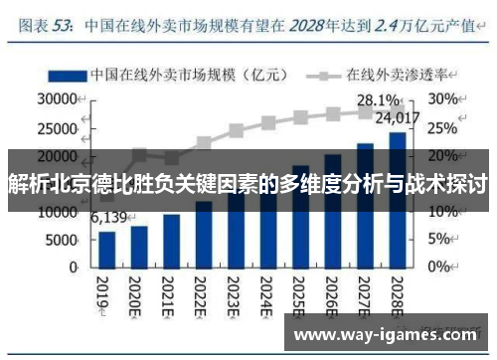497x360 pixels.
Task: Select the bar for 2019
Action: (x=107, y=249)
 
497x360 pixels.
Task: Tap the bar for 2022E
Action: (x=204, y=234)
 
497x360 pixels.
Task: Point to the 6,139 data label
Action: (x=108, y=218)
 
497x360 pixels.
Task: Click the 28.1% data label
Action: (x=378, y=100)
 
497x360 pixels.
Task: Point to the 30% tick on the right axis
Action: (x=444, y=99)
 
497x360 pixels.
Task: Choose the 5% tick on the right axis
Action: (x=441, y=241)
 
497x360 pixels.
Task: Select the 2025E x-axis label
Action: (x=299, y=294)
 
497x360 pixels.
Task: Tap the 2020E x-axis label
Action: (x=139, y=294)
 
